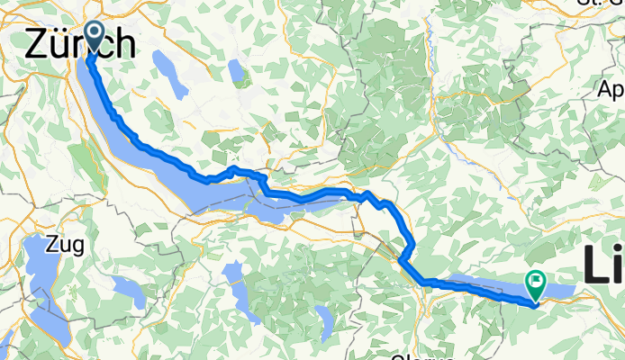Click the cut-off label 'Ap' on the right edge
611,90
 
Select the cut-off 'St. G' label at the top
602,3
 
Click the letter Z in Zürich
37,42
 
